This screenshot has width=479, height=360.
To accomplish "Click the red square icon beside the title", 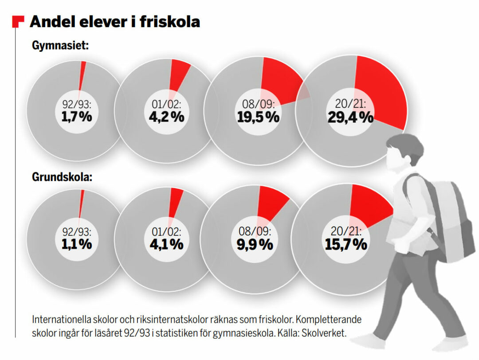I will (x=18, y=21).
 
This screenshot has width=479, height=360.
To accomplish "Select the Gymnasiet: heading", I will (x=60, y=45).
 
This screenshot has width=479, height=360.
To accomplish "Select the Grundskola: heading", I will (x=62, y=177).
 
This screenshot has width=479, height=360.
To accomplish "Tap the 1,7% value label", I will (x=76, y=117).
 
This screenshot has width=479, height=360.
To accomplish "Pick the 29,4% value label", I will (x=350, y=117).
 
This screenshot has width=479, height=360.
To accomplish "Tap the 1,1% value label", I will (x=76, y=243).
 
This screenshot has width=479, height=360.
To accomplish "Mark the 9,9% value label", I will (x=255, y=243).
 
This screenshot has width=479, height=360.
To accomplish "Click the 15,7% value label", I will (x=346, y=243).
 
